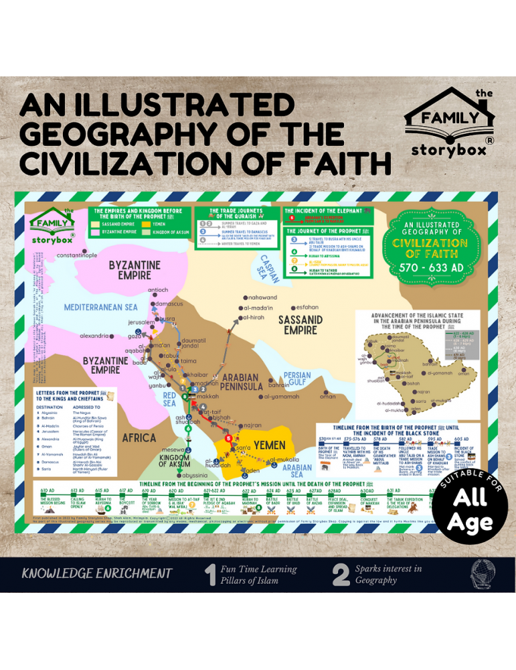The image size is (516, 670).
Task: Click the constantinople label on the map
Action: coord(77,255)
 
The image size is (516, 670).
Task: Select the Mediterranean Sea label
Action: coord(100,308)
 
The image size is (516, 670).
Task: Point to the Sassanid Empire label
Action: coord(300,325)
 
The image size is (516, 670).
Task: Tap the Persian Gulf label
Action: coord(297,379)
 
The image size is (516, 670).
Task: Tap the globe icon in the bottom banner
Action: coord(480,574)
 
